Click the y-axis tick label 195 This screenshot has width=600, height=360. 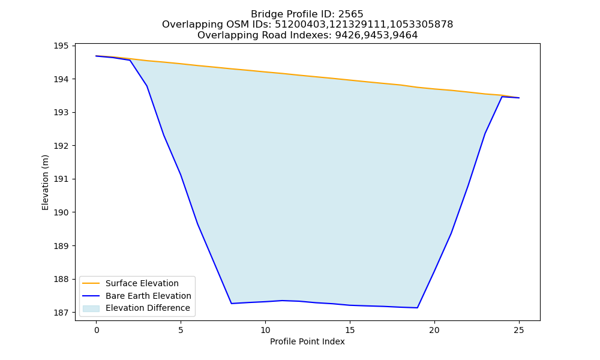coord(61,46)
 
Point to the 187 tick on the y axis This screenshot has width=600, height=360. coord(61,313)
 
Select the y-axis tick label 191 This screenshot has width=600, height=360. coord(61,179)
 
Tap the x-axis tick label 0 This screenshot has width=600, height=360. coord(97,330)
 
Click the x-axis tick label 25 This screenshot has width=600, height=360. coord(519,330)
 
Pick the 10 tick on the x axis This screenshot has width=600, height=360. coord(265,330)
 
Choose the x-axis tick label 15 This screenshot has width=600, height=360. coord(350,330)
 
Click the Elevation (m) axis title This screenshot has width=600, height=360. coord(45,182)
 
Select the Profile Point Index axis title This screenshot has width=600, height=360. coord(307,341)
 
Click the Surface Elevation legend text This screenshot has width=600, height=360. coord(142,283)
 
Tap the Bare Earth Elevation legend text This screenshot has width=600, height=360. coord(148,296)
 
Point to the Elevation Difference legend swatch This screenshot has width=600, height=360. coord(91,308)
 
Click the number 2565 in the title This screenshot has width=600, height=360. coord(350,14)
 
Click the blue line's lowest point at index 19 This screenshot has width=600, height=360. coord(418,308)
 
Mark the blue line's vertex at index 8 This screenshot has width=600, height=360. coord(232,304)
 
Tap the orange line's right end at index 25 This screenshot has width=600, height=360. coord(519,98)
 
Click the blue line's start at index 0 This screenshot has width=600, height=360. coord(97,56)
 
